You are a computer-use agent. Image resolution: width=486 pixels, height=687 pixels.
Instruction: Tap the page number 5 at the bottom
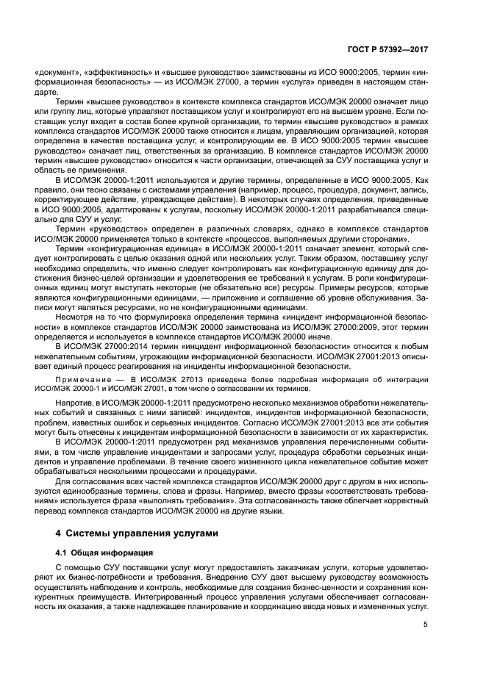click(x=426, y=625)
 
